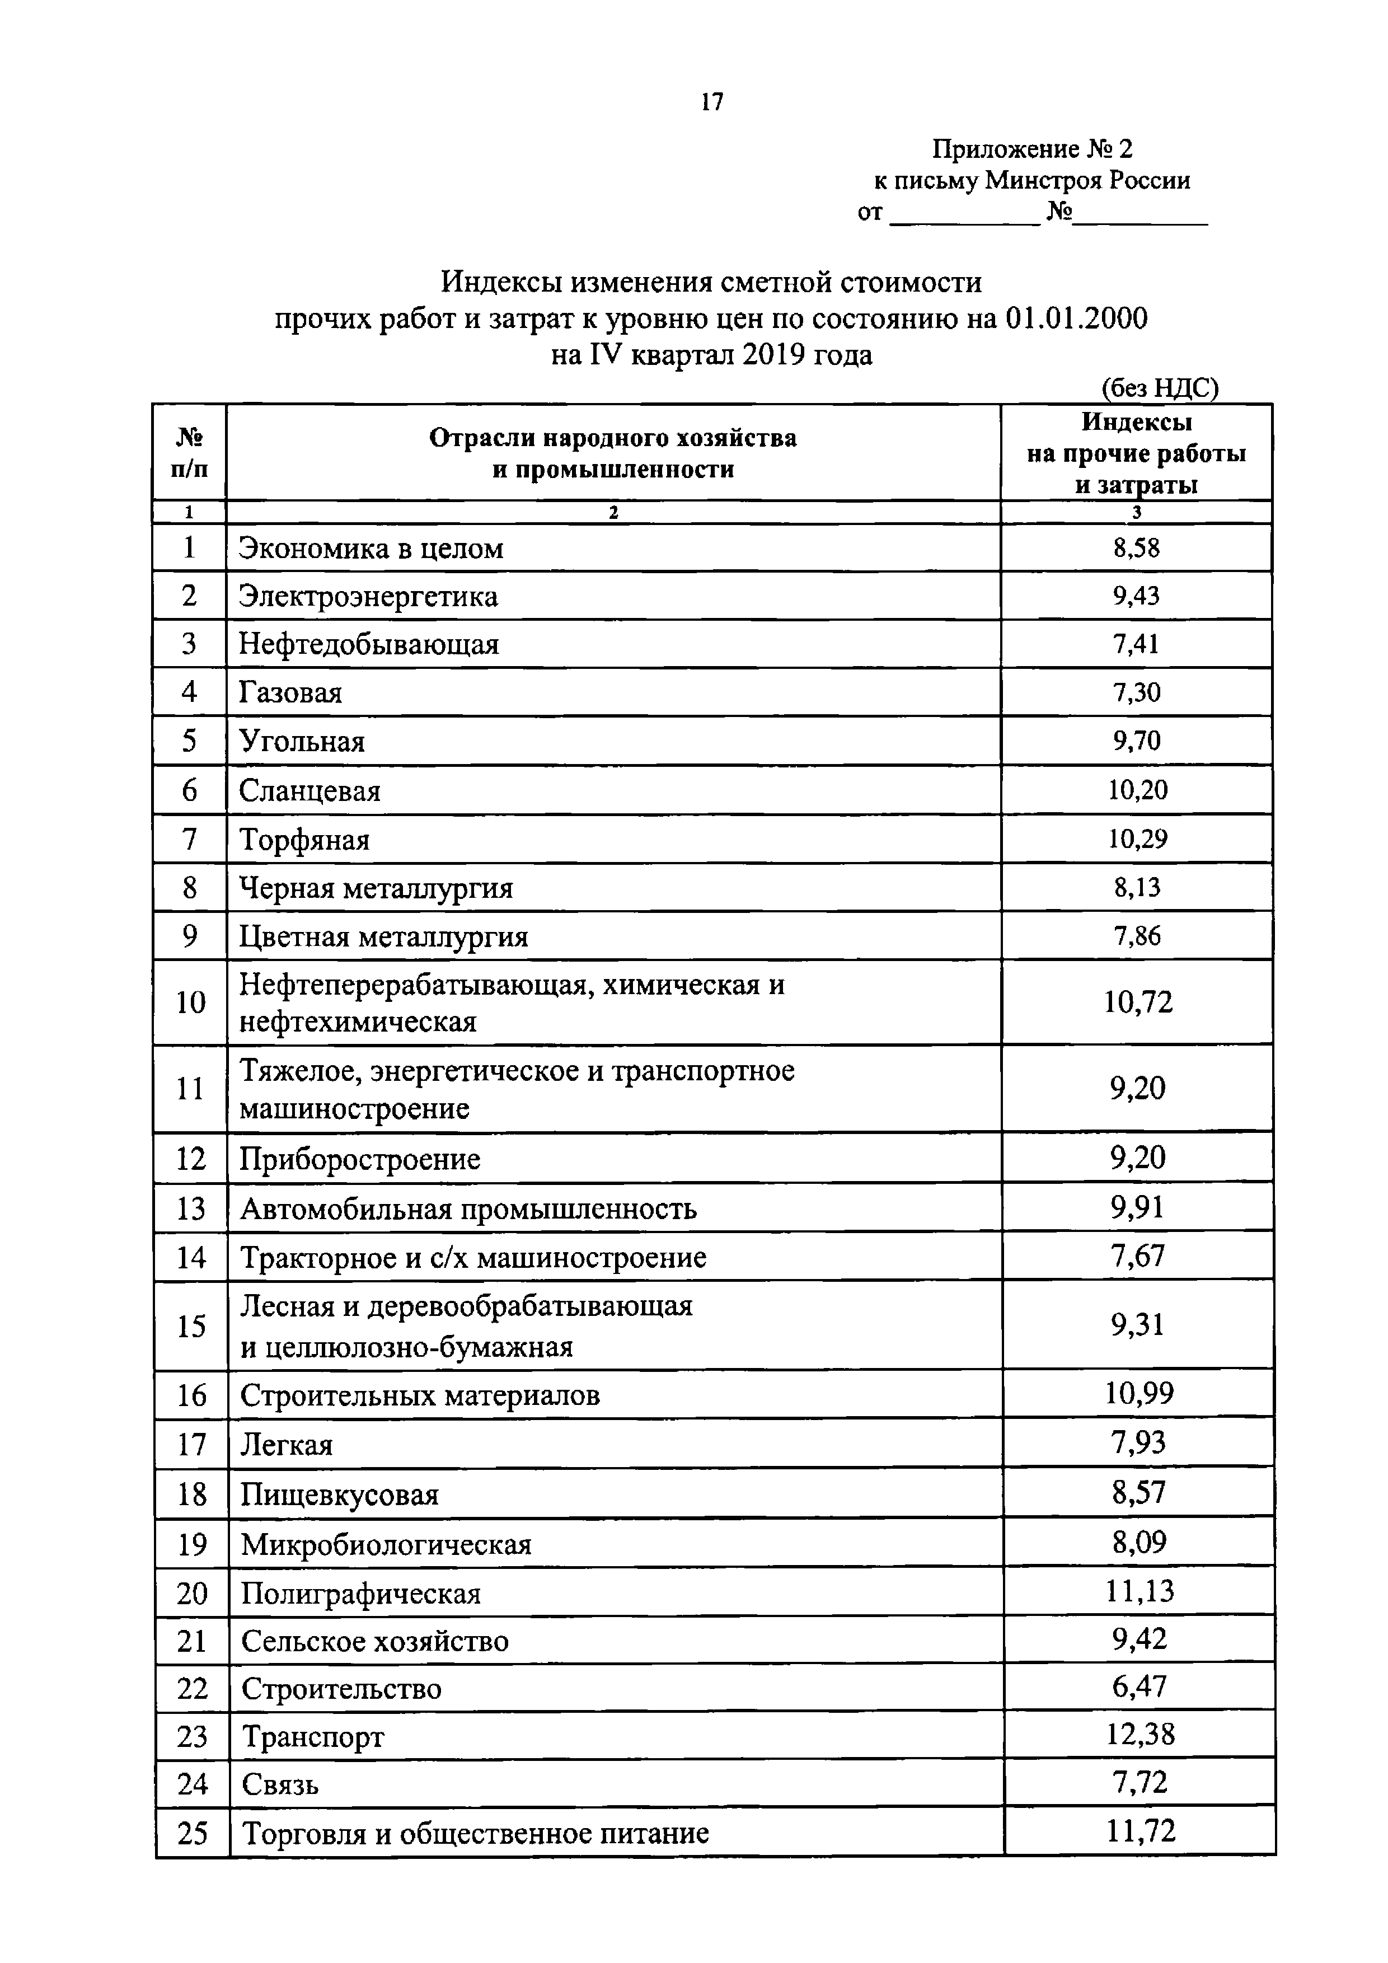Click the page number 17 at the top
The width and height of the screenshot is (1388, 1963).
point(711,102)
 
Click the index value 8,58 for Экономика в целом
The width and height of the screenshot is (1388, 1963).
point(1136,548)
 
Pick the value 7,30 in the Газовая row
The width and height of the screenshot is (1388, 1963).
point(1136,692)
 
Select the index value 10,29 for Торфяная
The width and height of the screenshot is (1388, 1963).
point(1137,838)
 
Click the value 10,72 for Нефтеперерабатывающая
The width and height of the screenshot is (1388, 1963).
point(1138,1002)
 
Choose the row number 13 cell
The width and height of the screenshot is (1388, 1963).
point(191,1209)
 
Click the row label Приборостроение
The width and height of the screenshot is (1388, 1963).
point(360,1159)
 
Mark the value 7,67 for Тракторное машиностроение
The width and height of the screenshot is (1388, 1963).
point(1138,1256)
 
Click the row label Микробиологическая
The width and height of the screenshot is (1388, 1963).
point(386,1544)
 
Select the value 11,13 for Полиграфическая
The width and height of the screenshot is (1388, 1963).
point(1140,1591)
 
